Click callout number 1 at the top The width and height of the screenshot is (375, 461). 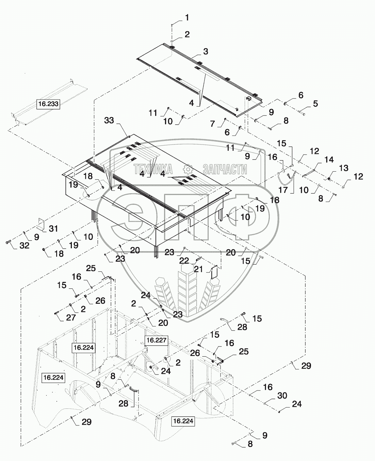click(x=187, y=18)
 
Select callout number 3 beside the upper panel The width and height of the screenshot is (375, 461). click(x=205, y=51)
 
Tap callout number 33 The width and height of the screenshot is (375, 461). click(x=109, y=120)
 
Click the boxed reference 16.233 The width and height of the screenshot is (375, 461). click(x=48, y=104)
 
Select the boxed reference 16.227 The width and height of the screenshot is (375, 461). click(x=157, y=341)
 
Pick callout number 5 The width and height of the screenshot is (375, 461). click(x=315, y=103)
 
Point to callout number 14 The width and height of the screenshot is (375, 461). click(x=329, y=160)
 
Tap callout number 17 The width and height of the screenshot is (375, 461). click(x=283, y=190)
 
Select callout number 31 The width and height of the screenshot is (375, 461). click(x=53, y=228)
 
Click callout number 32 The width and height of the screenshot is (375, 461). click(x=24, y=246)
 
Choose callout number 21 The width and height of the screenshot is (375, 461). click(x=198, y=269)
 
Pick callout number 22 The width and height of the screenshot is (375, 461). click(x=184, y=260)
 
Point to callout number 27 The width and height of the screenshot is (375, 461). click(x=71, y=317)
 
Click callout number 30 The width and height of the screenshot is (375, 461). click(x=282, y=395)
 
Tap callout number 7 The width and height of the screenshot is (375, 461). click(x=212, y=124)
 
